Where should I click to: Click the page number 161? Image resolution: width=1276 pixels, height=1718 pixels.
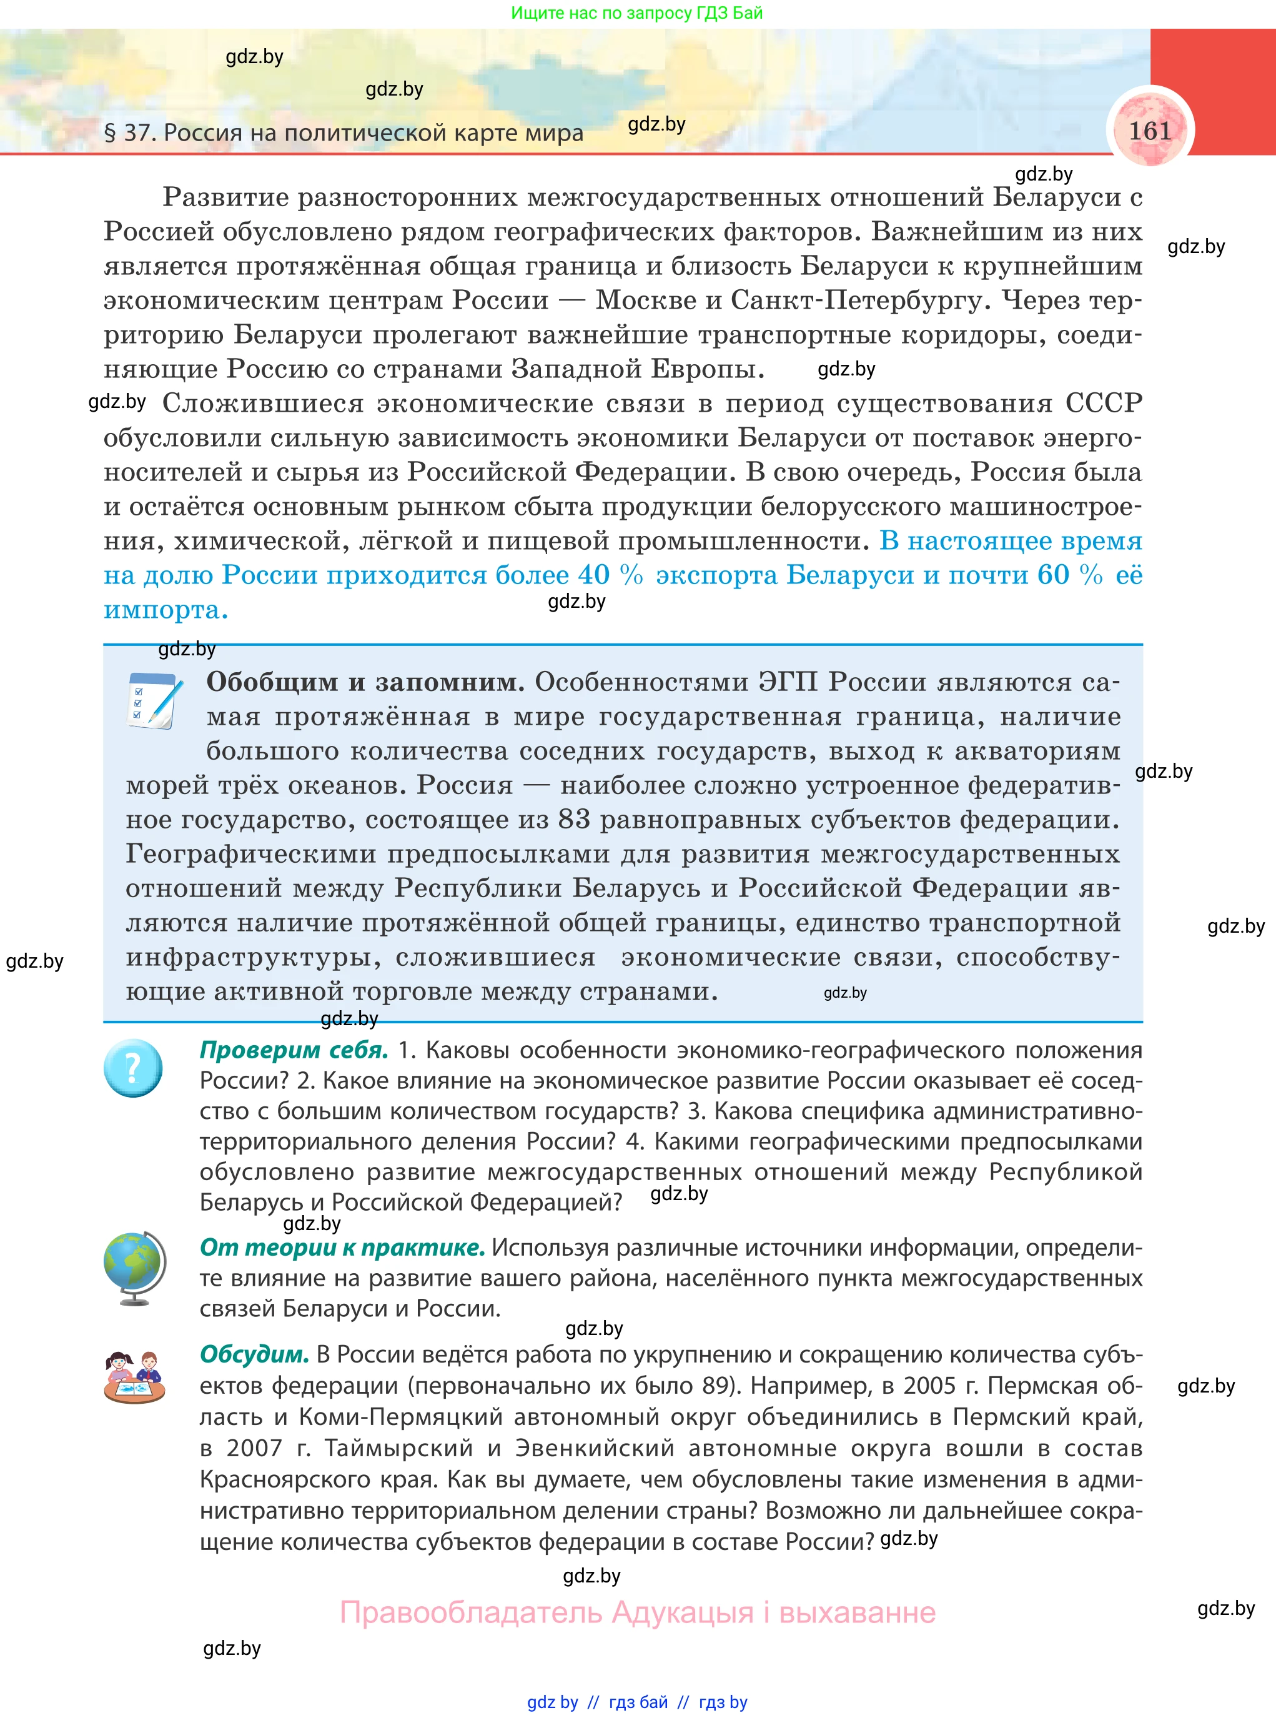(1150, 130)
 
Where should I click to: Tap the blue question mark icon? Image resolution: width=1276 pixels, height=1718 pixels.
(133, 1068)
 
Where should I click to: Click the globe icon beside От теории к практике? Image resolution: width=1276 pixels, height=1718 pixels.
(134, 1268)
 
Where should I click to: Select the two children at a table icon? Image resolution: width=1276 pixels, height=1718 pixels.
(134, 1378)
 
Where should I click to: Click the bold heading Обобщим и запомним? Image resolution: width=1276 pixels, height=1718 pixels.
(365, 682)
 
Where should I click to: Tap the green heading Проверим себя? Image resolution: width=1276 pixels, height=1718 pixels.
(294, 1050)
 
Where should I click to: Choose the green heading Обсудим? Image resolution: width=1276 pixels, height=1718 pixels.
(254, 1354)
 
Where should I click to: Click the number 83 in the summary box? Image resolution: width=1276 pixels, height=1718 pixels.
(574, 819)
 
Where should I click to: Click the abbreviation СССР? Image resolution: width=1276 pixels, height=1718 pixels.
(1103, 403)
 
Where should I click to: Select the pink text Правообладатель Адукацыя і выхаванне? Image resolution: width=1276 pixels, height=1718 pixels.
(637, 1612)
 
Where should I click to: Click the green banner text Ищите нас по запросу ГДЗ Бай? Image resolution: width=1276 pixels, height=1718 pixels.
(636, 13)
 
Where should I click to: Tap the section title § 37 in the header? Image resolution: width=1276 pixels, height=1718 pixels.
(344, 133)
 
